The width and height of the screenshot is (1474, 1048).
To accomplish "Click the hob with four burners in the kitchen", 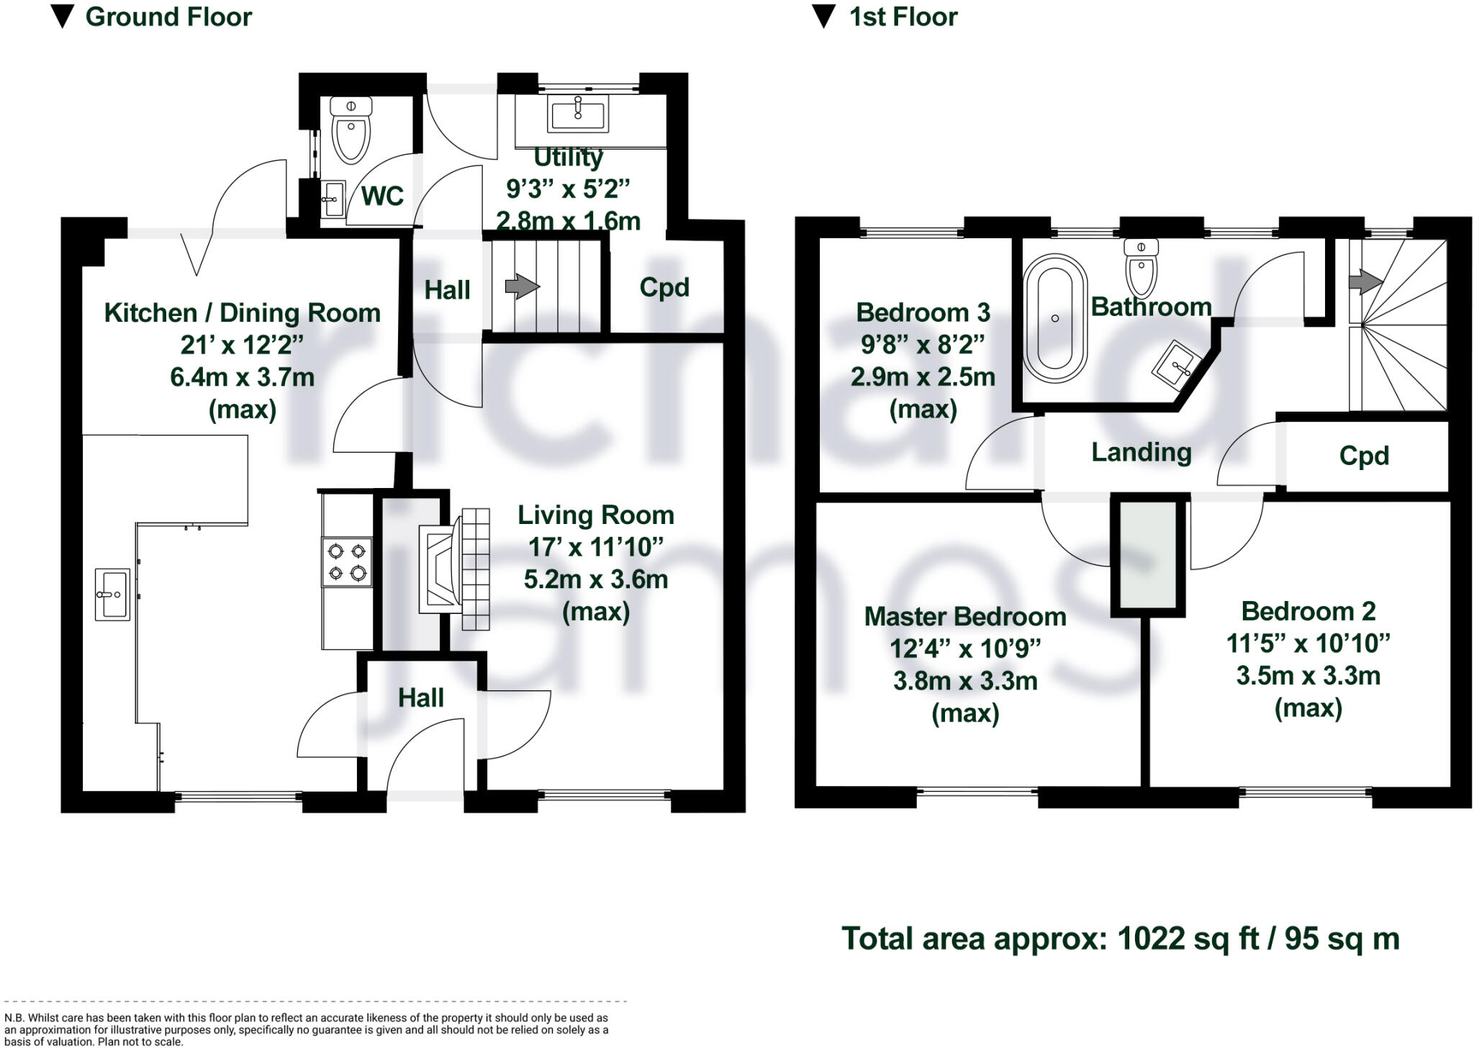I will [x=347, y=562].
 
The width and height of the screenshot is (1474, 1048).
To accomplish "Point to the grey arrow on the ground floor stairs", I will [x=522, y=286].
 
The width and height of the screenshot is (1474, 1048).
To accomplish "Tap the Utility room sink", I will [x=577, y=114].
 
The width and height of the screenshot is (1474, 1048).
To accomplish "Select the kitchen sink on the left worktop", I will [x=112, y=595].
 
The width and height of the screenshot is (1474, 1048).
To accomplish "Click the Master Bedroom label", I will [x=965, y=617].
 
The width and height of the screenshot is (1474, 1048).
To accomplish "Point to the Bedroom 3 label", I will [x=923, y=313].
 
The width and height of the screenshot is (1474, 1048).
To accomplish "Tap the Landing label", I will [x=1141, y=452].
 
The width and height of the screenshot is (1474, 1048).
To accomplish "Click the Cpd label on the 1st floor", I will [x=1364, y=456].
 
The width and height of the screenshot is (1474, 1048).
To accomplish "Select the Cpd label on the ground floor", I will [x=664, y=287].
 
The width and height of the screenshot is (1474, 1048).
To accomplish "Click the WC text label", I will [x=382, y=196].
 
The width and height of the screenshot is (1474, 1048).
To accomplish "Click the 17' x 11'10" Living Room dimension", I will [x=595, y=548].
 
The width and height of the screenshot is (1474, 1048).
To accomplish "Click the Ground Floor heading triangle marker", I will [x=64, y=17].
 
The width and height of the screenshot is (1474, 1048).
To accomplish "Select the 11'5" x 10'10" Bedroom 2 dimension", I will [x=1308, y=643].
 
